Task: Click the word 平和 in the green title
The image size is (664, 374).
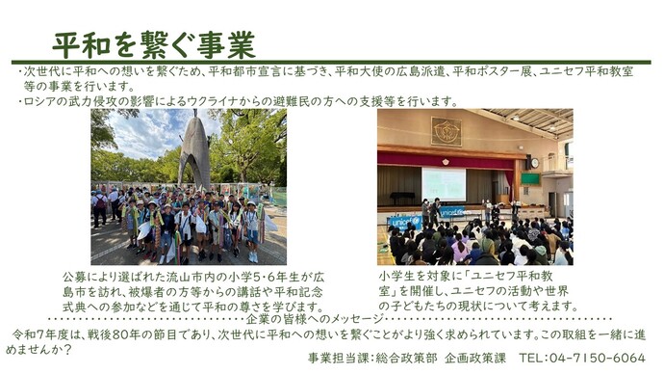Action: coord(80,43)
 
